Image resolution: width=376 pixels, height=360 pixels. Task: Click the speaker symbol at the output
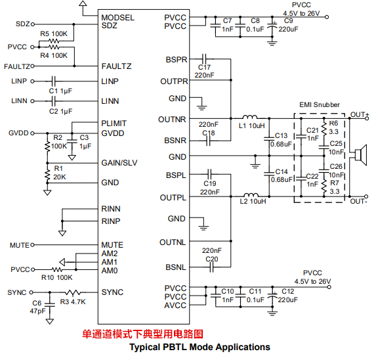point(361,155)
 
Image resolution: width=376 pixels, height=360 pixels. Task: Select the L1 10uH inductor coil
point(250,117)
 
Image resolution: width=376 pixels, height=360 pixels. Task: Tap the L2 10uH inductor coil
point(251,195)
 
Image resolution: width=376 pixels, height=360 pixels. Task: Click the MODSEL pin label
point(117,18)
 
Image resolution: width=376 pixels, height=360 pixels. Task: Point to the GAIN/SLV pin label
point(119,163)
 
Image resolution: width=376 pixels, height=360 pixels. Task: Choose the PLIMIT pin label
point(114,124)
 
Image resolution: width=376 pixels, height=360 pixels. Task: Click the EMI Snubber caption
point(320,104)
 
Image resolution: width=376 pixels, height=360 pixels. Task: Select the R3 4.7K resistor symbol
point(73,292)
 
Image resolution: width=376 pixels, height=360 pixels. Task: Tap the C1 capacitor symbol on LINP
point(54,81)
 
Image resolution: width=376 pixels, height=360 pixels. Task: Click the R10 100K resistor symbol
point(57,269)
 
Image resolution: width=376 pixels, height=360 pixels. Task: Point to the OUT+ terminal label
point(360,115)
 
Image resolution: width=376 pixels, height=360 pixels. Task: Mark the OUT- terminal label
point(358,201)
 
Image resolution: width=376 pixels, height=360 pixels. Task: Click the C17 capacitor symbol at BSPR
point(204,58)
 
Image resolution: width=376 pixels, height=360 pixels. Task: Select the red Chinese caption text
point(142,334)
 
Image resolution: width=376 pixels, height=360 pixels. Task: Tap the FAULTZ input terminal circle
point(32,66)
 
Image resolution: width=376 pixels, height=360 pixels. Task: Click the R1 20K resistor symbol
point(47,173)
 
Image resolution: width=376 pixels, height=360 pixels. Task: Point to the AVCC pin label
point(175,305)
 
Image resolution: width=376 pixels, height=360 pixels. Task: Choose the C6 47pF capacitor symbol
point(50,305)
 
